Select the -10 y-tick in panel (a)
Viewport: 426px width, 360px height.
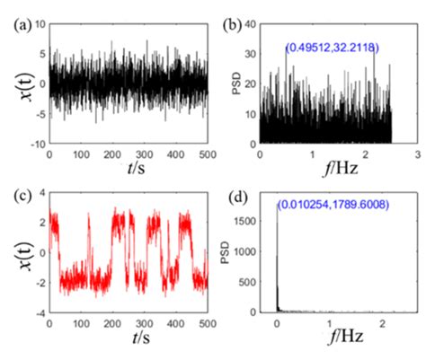pyautogui.click(x=34, y=144)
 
